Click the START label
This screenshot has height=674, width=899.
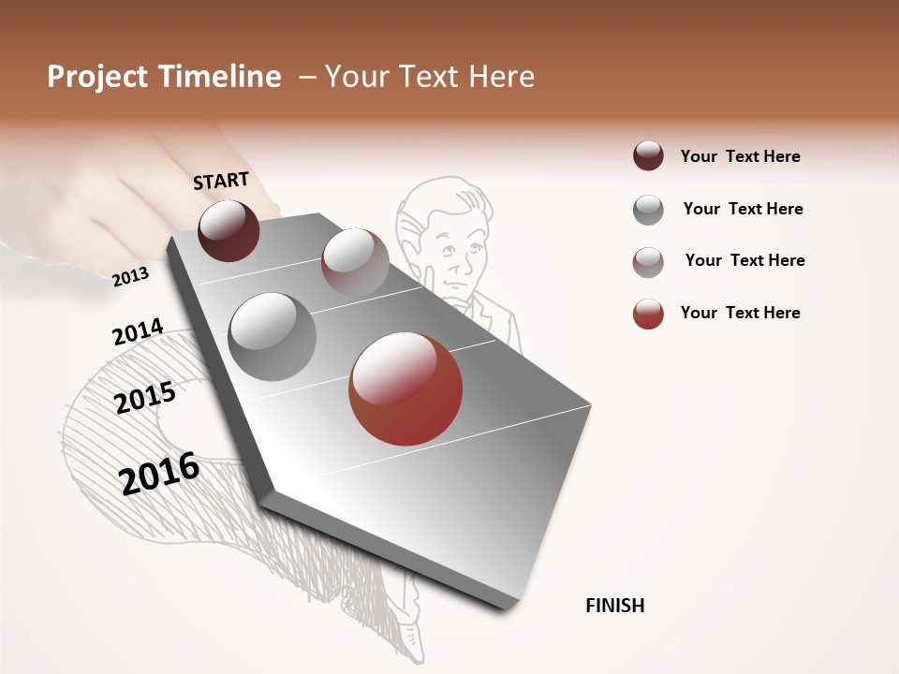coord(221,181)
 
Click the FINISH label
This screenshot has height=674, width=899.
coord(614,606)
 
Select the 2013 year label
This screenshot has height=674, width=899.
coord(130,276)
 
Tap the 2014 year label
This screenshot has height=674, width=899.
coord(138,332)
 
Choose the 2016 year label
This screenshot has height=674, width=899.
coord(159,473)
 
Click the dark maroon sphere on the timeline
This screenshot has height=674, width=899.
coord(228,230)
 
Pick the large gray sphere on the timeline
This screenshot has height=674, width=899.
coord(272,337)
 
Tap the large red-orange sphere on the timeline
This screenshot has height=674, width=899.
coord(405,388)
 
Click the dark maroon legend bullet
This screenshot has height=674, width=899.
coord(648,156)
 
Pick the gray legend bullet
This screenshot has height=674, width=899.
coord(648,210)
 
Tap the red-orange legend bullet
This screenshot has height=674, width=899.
coord(648,314)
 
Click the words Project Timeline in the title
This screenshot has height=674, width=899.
coord(164,77)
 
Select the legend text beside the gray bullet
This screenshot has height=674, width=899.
coord(743,209)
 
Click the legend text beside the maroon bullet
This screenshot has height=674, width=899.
coord(740,156)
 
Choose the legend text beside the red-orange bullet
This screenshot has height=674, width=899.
coord(740,313)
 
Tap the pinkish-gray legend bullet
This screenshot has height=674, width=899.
coord(648,262)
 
